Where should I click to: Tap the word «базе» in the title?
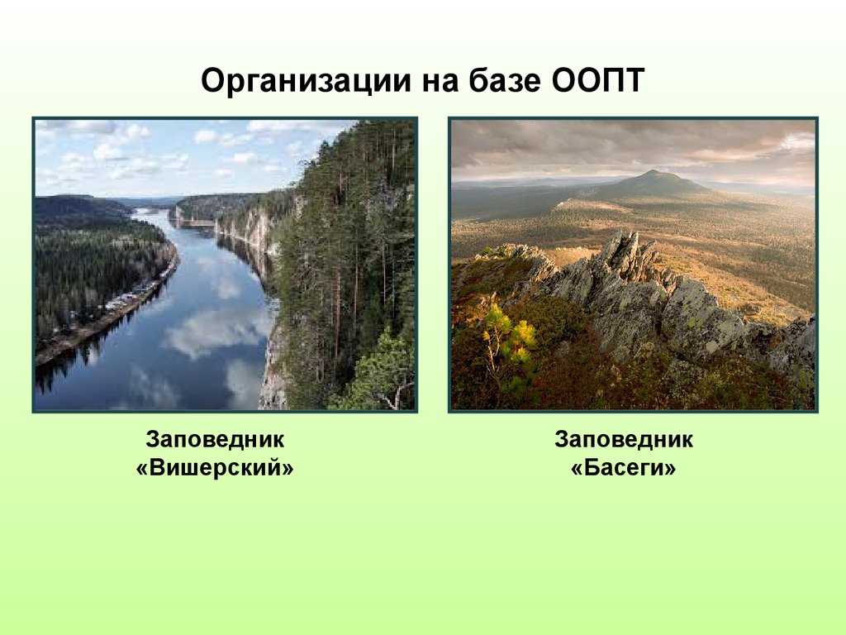click(491, 83)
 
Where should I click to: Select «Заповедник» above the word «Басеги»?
click(624, 439)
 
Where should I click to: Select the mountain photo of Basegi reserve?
click(633, 265)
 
